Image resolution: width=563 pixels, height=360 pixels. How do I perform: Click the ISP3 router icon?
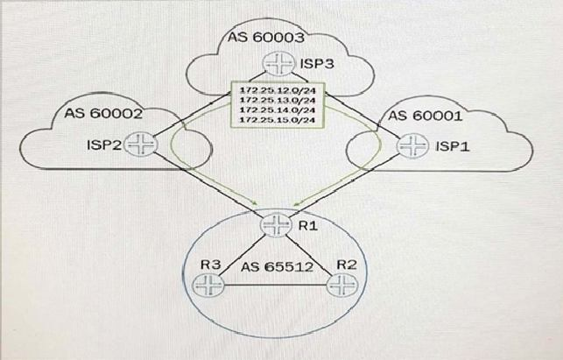tap(275, 66)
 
